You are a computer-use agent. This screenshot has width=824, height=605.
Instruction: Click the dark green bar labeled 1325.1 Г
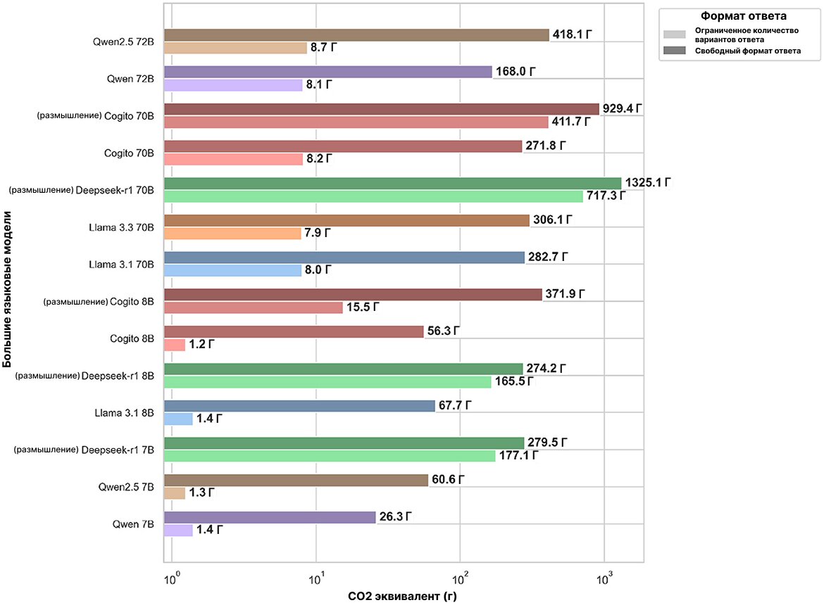pos(392,183)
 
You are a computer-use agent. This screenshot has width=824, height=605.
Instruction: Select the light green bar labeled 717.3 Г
pos(373,196)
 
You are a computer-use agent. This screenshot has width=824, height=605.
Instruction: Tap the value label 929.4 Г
pos(624,108)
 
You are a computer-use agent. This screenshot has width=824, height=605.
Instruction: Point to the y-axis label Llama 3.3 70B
pos(120,227)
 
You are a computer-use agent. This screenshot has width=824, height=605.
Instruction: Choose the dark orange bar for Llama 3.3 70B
pos(347,220)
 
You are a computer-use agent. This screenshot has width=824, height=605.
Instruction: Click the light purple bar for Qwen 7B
pos(178,530)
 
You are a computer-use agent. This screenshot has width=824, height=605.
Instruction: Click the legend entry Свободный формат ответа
pos(747,51)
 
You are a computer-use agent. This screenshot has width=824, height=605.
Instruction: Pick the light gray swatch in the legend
pos(674,34)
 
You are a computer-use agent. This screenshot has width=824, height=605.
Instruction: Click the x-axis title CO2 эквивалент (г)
pos(404,596)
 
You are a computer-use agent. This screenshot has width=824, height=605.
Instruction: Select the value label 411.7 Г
pos(571,122)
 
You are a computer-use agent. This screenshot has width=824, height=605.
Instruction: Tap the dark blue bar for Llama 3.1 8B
pos(299,405)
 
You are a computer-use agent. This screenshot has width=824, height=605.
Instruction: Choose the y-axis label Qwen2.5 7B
pos(126,487)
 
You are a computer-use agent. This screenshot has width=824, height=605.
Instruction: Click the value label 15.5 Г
pos(366,308)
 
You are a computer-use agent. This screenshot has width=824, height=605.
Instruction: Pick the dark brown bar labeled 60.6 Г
pos(296,480)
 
